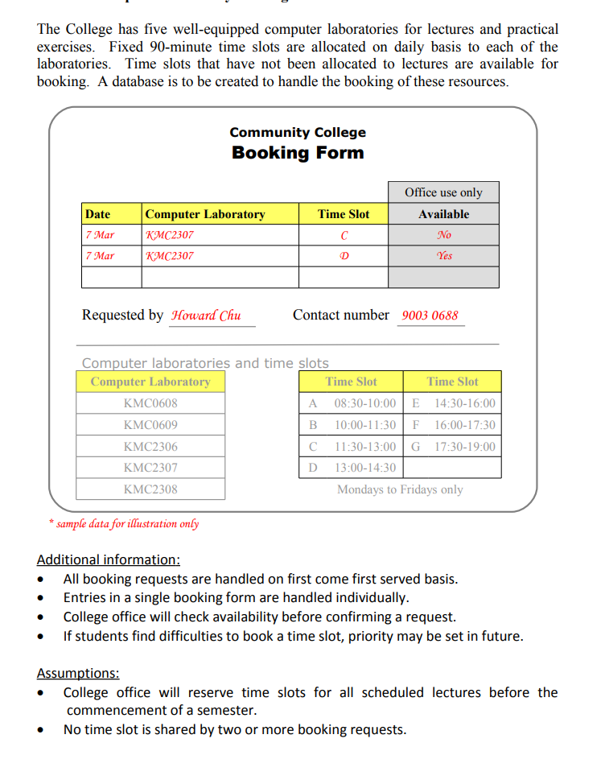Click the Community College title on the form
click(x=297, y=132)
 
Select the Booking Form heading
click(x=298, y=153)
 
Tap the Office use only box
click(x=443, y=192)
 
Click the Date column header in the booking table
click(x=97, y=214)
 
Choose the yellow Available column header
click(x=443, y=214)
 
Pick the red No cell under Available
click(x=443, y=235)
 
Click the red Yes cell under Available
click(x=443, y=256)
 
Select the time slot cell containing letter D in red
click(x=344, y=256)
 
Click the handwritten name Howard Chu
click(x=206, y=316)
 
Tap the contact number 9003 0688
click(x=430, y=316)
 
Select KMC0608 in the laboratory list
click(x=150, y=403)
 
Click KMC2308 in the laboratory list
click(x=150, y=489)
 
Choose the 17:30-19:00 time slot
click(x=465, y=447)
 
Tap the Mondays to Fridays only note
click(x=400, y=489)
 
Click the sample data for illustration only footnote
click(x=124, y=524)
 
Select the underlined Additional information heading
click(x=109, y=559)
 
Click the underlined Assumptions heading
click(x=78, y=673)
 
